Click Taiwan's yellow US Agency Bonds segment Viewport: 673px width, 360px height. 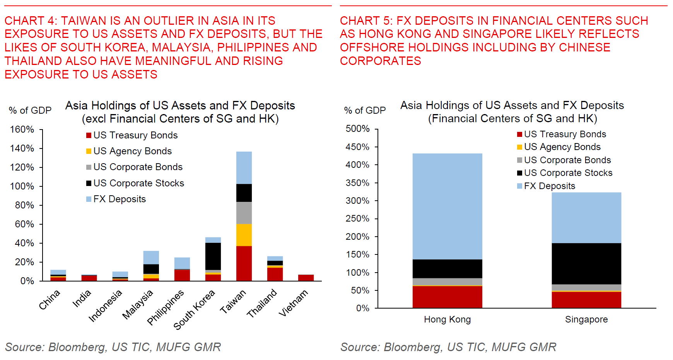[244, 235]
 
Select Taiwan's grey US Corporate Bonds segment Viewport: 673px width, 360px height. [244, 213]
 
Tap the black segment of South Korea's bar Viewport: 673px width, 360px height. [213, 256]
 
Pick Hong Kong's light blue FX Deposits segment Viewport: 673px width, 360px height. [447, 206]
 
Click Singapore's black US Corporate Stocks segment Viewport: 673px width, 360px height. [586, 264]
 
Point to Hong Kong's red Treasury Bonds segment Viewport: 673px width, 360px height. [447, 297]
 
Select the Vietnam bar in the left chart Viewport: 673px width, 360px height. [306, 278]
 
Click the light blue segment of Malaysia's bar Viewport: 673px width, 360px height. [151, 258]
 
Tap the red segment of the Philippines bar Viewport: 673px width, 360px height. [182, 275]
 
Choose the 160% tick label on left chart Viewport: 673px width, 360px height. [22, 130]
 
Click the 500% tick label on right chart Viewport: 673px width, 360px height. [358, 129]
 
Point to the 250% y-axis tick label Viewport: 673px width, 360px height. [358, 218]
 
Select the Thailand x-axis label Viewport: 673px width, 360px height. [262, 303]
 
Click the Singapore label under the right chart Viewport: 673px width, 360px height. [586, 319]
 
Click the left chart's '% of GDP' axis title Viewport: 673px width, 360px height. [30, 111]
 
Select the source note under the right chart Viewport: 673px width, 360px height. [448, 347]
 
